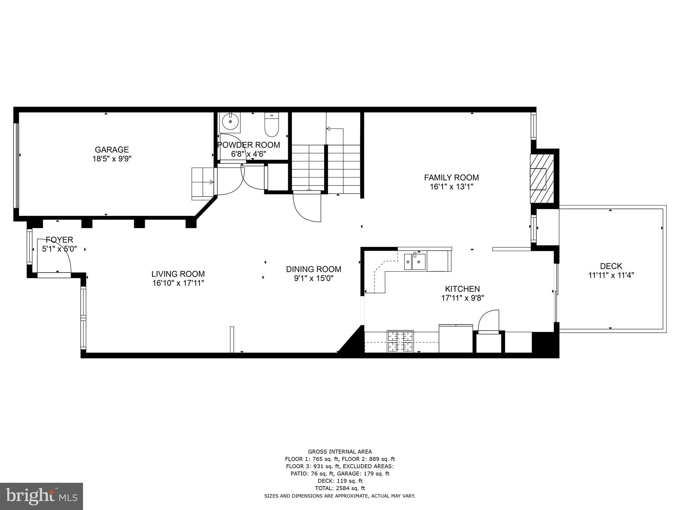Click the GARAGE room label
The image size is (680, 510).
[x=112, y=149]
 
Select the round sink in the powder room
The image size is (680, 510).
[x=230, y=122]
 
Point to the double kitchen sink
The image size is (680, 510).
[x=415, y=261]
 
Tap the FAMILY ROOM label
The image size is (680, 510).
[x=451, y=177]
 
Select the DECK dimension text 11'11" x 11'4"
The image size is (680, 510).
[x=611, y=275]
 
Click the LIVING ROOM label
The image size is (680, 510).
[x=178, y=274]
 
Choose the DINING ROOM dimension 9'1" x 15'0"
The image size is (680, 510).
[x=313, y=278]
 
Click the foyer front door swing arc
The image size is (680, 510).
[x=60, y=252]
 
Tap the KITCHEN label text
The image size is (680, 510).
[x=462, y=289]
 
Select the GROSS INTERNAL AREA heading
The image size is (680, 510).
[x=340, y=452]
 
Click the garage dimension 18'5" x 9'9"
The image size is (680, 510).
[x=112, y=159]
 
